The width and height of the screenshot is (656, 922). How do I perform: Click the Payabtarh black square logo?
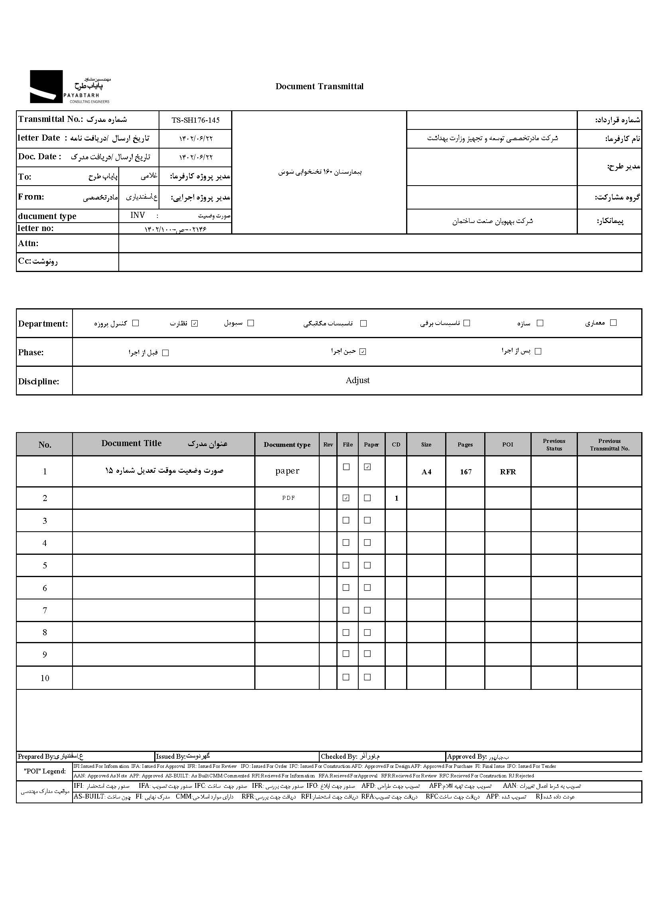(x=46, y=86)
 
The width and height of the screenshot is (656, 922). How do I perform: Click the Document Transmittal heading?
(x=319, y=86)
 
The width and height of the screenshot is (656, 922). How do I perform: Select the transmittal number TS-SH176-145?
(x=196, y=120)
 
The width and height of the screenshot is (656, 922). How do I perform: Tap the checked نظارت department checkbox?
(x=194, y=323)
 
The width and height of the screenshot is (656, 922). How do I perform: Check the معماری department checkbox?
(x=613, y=323)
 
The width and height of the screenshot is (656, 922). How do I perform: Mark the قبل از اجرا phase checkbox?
(x=165, y=353)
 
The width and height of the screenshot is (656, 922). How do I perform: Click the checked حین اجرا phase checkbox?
(x=363, y=352)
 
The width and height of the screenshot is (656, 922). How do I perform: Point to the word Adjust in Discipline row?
(x=357, y=380)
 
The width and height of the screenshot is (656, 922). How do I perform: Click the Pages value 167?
(x=465, y=472)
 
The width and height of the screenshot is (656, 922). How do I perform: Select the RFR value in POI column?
(x=508, y=472)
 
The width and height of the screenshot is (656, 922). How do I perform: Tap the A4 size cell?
(x=426, y=472)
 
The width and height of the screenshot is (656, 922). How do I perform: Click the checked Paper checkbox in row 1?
(x=367, y=467)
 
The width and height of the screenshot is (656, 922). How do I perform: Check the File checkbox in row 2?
(x=346, y=498)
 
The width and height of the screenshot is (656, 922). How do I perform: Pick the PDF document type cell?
(x=288, y=498)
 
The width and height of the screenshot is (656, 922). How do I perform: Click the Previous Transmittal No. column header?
(x=609, y=444)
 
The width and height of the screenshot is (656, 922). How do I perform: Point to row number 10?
(x=45, y=678)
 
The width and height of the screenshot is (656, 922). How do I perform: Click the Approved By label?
(x=467, y=756)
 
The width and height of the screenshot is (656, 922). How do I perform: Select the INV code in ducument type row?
(x=137, y=215)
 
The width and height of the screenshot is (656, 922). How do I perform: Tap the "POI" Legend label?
(x=44, y=771)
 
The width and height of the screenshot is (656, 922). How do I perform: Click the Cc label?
(x=24, y=261)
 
